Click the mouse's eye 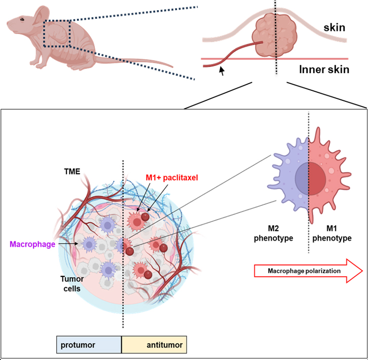tap(22, 19)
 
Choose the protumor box tap(89, 345)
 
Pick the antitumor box tap(154, 345)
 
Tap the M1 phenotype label tap(333, 233)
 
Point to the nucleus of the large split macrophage tap(309, 175)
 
